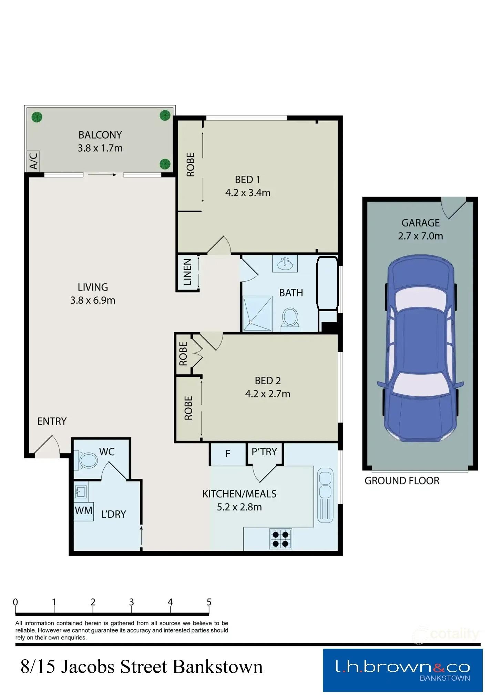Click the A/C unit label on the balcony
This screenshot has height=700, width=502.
pyautogui.click(x=33, y=161)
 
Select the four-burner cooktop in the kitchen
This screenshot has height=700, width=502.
pyautogui.click(x=280, y=539)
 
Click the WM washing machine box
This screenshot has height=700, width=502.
pyautogui.click(x=84, y=511)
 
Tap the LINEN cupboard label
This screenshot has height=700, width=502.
pyautogui.click(x=187, y=272)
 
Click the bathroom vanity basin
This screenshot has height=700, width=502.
pyautogui.click(x=285, y=264)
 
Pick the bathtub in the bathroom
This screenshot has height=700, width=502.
pyautogui.click(x=327, y=283)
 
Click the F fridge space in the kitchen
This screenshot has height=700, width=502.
pyautogui.click(x=228, y=454)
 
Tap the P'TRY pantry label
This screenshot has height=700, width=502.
pyautogui.click(x=264, y=452)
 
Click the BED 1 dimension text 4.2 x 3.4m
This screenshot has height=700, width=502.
pyautogui.click(x=248, y=193)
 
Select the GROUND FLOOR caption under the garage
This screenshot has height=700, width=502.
pyautogui.click(x=402, y=481)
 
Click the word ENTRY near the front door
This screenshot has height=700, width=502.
pyautogui.click(x=52, y=421)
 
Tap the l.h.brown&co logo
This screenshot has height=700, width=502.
pyautogui.click(x=402, y=670)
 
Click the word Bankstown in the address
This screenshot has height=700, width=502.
pyautogui.click(x=217, y=667)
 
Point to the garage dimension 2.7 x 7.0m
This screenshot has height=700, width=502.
pyautogui.click(x=420, y=236)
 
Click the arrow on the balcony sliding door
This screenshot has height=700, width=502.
pyautogui.click(x=102, y=175)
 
